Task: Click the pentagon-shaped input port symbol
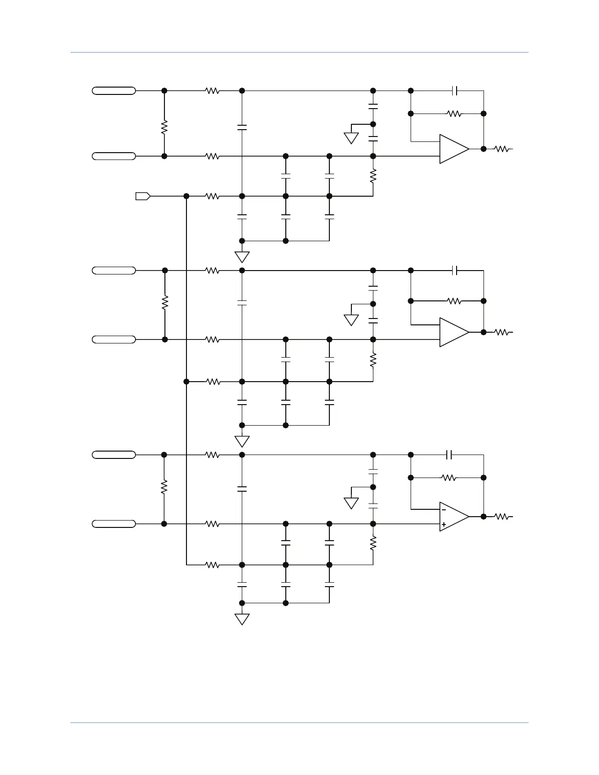142,196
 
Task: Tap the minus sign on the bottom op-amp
443,509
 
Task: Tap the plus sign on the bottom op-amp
443,524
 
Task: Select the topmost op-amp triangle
453,149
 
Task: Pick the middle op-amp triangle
453,332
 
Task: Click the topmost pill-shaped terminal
114,91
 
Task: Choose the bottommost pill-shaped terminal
114,524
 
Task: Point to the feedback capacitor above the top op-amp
455,91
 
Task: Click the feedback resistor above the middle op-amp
454,301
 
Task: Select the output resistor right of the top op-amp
502,149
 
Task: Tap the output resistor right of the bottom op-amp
502,516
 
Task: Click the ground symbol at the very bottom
242,619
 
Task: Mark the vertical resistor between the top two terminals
164,127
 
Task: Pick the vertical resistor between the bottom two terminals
164,486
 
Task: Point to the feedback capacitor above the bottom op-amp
450,455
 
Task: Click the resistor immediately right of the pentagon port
212,196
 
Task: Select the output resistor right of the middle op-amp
502,332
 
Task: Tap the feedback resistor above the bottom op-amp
449,478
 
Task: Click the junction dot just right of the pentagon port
186,196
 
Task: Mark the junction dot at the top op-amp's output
484,149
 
